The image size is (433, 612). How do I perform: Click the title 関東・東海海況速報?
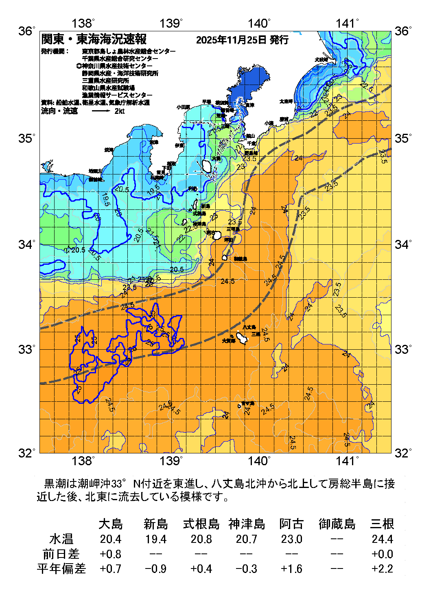pos(94,39)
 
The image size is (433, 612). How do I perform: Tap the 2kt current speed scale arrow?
pos(104,111)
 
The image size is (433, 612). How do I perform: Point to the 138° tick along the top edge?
pos(83,24)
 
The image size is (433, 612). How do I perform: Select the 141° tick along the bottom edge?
pos(347,461)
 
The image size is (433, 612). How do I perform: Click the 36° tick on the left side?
pos(27,31)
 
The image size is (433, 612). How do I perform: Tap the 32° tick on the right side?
pos(403,453)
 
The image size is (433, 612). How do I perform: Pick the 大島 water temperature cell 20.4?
pos(111,539)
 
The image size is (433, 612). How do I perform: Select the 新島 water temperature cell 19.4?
pos(156,539)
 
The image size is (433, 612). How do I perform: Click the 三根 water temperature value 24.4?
pos(382,539)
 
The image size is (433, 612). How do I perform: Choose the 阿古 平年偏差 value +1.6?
pos(291,568)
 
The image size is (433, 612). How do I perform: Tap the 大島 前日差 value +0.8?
pos(111,554)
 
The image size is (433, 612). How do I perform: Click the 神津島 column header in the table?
pos(247,524)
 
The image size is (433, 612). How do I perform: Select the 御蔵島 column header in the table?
pos(337,524)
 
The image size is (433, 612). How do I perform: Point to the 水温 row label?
pos(61,539)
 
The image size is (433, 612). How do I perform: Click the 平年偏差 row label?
pos(61,568)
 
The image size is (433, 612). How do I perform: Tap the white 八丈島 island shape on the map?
pos(242,338)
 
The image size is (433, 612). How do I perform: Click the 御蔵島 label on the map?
pos(241,259)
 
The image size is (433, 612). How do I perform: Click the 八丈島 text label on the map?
pos(249,327)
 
